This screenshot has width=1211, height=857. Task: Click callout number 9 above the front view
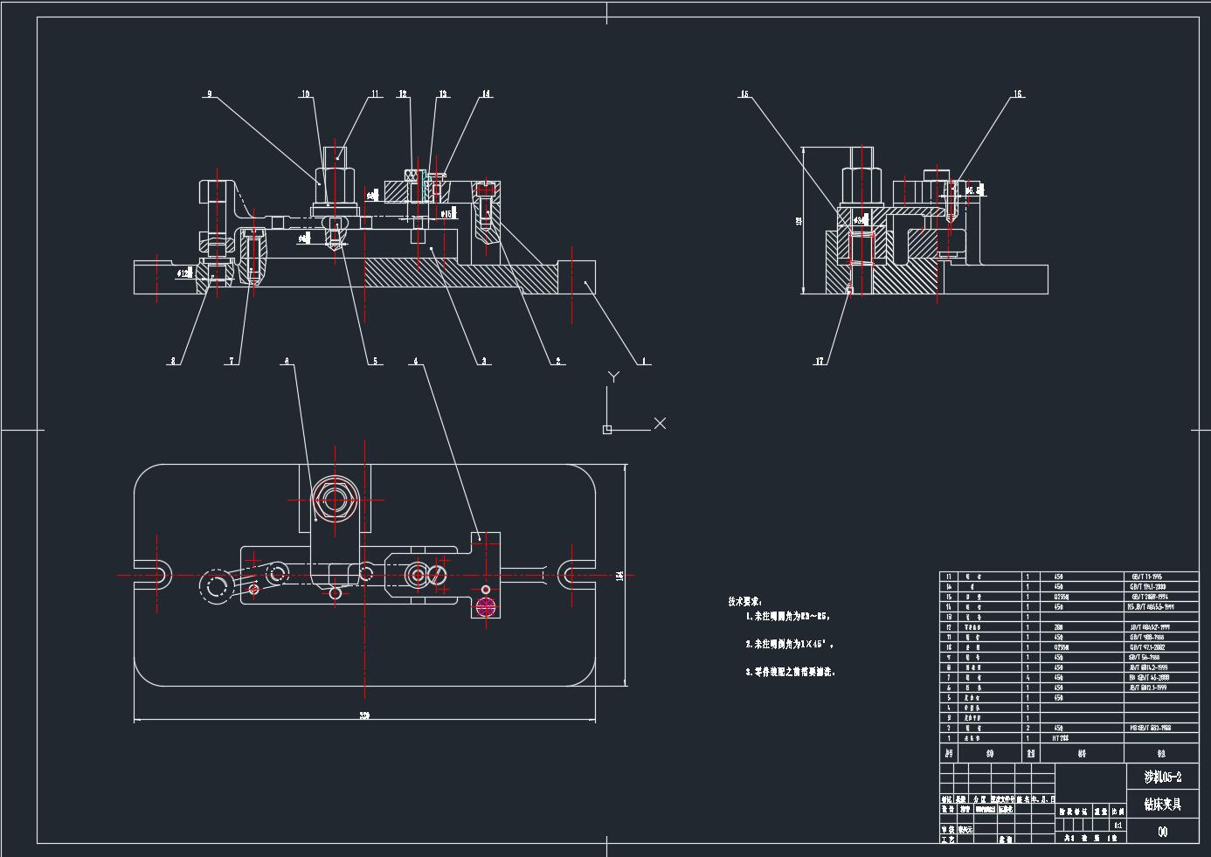210,94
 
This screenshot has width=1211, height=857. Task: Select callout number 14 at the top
486,94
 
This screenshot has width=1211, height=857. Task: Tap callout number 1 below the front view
644,361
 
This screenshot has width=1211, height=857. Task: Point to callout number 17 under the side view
820,361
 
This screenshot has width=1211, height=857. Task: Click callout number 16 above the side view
1018,94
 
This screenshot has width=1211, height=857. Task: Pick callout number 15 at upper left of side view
745,94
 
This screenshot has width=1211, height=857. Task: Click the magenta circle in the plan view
486,606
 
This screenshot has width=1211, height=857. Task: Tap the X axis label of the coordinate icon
660,423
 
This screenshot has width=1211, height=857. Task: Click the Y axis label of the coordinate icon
613,377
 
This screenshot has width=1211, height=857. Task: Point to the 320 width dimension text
364,716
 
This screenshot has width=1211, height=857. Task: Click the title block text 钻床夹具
1162,804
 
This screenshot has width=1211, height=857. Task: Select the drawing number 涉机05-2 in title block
1162,777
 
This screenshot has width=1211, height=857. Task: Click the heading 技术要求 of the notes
744,601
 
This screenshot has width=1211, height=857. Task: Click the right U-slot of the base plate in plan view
571,575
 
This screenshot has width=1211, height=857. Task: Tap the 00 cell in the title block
1162,832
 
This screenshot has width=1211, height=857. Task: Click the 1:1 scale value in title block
1118,824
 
